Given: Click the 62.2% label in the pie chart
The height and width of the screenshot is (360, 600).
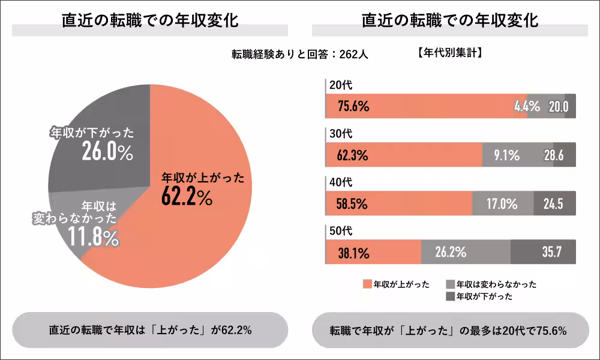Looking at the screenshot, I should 187,197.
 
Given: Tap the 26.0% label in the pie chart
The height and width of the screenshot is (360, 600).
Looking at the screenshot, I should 107,152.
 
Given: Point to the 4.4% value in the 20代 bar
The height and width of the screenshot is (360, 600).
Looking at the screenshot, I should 527,107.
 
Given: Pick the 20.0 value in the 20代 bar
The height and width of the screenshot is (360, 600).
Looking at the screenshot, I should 558,107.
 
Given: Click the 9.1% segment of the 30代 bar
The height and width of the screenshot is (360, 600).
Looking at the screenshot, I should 506,155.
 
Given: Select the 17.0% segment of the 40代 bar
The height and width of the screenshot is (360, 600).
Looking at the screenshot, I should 502,204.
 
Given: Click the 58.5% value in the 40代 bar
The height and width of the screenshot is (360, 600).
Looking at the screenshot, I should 352,204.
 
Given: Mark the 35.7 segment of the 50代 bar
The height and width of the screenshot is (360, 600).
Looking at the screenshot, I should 551,252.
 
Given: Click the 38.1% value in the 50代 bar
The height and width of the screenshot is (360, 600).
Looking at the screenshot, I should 352,252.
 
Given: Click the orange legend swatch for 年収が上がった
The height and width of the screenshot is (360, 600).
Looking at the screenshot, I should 367,284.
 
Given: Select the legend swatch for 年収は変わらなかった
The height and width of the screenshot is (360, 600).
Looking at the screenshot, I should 451,284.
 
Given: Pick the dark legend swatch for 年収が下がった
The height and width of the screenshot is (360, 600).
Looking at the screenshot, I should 451,296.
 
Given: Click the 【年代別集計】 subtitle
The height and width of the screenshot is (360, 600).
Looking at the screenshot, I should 450,53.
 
